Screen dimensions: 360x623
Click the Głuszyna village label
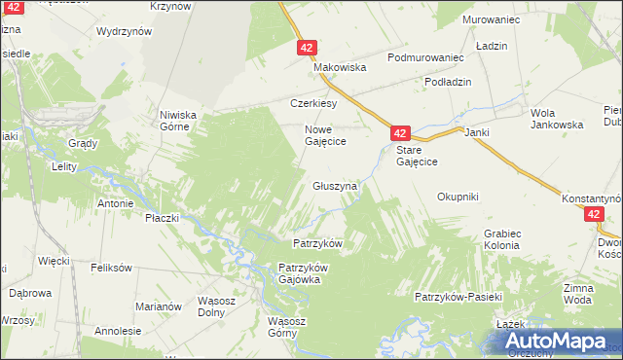[x=335, y=185]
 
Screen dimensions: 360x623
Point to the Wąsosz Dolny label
[x=219, y=306]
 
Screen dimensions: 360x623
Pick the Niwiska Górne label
[x=179, y=120]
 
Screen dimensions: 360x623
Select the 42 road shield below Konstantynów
[x=594, y=216]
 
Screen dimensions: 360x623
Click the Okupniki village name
[x=458, y=197]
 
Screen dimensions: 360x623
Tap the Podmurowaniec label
[x=425, y=58]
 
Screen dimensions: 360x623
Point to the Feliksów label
[x=110, y=267]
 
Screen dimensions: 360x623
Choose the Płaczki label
[x=163, y=218]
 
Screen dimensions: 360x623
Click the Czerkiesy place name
[x=313, y=103]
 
